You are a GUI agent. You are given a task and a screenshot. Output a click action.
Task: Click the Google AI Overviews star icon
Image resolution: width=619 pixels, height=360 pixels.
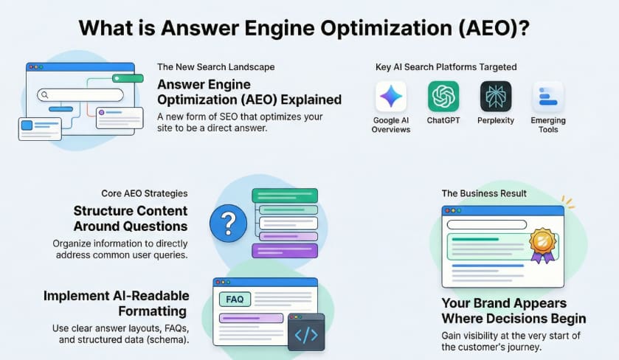[391, 97]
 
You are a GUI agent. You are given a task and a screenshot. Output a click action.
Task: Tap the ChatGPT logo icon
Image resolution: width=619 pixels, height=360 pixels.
[443, 97]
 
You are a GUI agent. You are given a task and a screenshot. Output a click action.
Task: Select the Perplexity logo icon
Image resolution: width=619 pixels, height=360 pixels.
[496, 97]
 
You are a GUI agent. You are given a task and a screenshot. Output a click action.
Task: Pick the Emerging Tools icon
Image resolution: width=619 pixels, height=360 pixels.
[548, 97]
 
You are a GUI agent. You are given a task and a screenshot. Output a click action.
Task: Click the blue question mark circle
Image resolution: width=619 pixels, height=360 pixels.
[228, 223]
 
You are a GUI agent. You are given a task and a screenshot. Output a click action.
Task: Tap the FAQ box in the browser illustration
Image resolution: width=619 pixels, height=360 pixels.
[235, 300]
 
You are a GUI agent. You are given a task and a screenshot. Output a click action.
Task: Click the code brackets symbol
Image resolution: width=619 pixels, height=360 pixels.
[306, 335]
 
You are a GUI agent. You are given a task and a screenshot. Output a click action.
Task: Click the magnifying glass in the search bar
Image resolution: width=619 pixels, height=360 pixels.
[44, 94]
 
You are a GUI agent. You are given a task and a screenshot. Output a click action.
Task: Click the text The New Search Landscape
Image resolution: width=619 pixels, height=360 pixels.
[216, 67]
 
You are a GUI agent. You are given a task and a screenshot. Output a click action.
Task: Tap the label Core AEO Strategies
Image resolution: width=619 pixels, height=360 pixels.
[145, 193]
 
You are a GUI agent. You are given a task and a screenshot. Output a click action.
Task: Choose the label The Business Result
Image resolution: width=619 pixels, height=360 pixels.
[484, 193]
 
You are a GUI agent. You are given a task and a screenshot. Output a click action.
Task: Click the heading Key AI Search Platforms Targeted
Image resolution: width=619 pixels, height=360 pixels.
[446, 67]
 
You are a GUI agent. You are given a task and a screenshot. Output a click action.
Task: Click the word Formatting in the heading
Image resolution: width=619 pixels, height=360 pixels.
[153, 311]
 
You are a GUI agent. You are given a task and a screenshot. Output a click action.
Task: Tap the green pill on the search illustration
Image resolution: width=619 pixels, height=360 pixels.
[128, 78]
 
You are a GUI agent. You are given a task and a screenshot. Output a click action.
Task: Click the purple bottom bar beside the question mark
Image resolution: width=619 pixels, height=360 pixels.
[285, 251]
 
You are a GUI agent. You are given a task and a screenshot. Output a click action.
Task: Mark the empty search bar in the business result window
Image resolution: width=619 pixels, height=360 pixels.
[487, 224]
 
